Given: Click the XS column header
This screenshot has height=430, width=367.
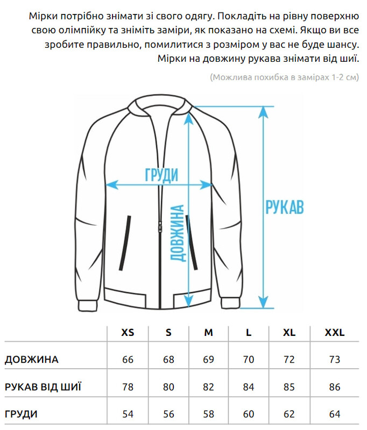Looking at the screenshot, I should point(128,333).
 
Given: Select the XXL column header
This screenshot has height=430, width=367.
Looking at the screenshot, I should point(334,333).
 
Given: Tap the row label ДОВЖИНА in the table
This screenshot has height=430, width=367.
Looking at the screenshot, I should point(32,360).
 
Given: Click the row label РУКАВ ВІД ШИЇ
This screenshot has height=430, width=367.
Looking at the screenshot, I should point(44,387).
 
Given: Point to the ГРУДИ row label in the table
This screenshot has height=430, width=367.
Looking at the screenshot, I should point(22,414).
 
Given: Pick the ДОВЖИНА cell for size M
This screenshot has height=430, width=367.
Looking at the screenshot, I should point(209,360).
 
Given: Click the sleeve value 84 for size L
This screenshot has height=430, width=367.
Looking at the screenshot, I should point(249,387).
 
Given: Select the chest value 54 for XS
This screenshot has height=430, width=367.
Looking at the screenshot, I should point(128,414).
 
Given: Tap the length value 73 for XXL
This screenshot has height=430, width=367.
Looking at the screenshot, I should point(334,360).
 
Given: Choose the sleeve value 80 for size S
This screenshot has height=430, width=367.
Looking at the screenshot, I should point(168,387).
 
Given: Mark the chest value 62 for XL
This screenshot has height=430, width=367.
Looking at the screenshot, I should point(289,414).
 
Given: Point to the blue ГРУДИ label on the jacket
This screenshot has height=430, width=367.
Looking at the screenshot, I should point(161,175).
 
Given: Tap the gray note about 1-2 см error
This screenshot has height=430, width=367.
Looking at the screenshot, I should point(284,77).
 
